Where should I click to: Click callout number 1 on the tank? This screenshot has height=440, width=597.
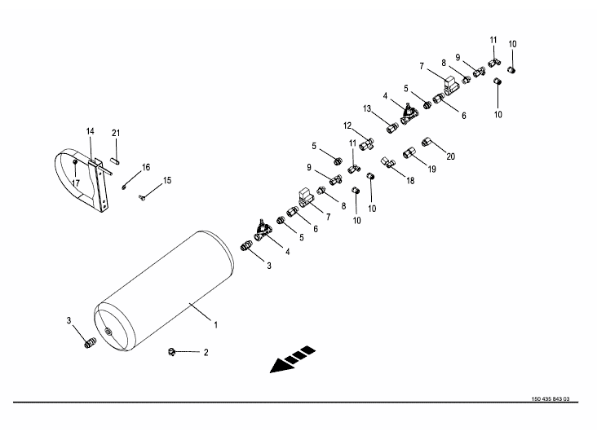(x=215, y=325)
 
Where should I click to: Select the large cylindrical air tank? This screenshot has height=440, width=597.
(x=164, y=291)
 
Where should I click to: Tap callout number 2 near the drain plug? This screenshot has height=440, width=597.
(x=206, y=353)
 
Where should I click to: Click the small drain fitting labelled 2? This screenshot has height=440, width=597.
(x=171, y=352)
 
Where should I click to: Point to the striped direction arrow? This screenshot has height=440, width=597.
(x=293, y=359)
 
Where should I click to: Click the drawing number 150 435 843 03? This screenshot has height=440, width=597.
(x=551, y=399)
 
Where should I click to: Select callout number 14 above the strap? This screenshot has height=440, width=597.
(x=91, y=131)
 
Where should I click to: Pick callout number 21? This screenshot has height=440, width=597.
(x=116, y=133)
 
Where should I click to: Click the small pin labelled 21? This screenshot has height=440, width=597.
(x=116, y=161)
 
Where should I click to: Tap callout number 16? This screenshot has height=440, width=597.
(x=146, y=167)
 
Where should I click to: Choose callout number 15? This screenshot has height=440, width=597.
(x=167, y=180)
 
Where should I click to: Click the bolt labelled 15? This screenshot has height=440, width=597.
(x=142, y=197)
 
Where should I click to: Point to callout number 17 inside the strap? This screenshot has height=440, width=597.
(x=76, y=183)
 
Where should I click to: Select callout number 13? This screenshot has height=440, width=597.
(x=367, y=108)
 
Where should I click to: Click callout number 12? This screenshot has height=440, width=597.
(x=347, y=125)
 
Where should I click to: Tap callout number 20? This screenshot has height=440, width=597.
(x=450, y=156)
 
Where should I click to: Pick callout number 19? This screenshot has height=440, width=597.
(x=431, y=169)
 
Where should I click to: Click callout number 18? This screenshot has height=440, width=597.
(x=410, y=181)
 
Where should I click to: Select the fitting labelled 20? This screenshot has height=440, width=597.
(x=426, y=142)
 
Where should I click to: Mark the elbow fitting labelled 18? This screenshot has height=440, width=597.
(x=387, y=162)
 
